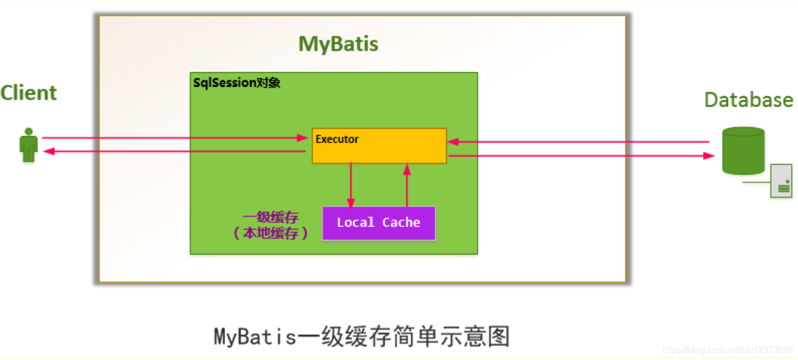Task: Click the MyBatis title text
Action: coord(338,44)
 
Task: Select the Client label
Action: coord(28,93)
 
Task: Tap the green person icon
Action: coord(28,146)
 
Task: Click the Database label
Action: coord(748,100)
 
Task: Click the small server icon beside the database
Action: coord(781,181)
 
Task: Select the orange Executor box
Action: coord(379,146)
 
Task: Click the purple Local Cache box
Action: coord(378,223)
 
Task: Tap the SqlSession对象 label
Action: coord(237,83)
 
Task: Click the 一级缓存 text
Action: coord(270,217)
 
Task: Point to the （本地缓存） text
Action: coord(270,233)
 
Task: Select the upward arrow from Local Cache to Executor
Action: coord(407,186)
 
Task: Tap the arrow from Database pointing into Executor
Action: coord(578,142)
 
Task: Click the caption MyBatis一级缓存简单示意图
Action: coord(362,337)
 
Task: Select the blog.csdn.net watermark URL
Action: coord(727,350)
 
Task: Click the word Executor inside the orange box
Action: coord(337,139)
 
